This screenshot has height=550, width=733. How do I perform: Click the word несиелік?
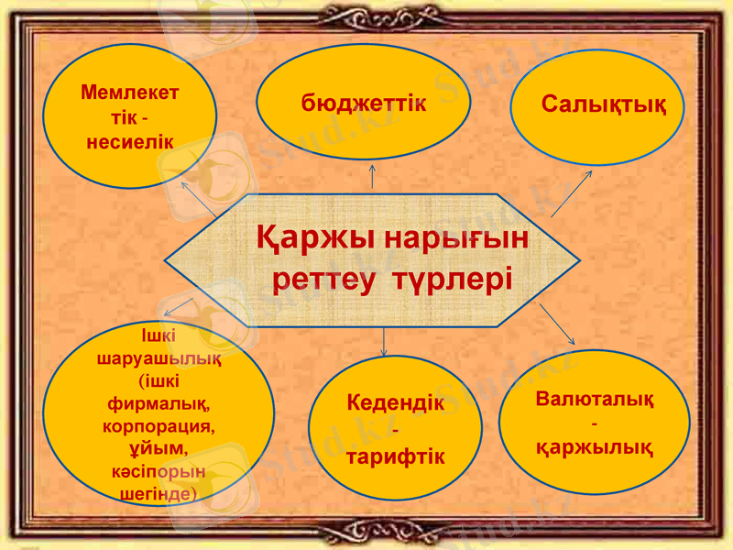click(129, 142)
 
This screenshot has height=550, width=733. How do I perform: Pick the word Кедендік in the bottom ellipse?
click(396, 403)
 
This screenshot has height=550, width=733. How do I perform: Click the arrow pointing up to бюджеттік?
click(372, 176)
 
